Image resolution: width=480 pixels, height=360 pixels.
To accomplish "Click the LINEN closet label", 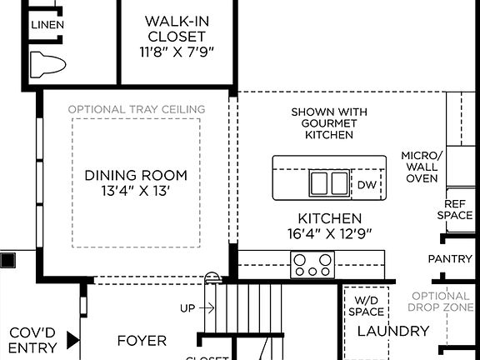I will coord(47,25).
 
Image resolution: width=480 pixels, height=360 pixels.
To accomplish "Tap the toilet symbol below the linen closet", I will coord(47,62).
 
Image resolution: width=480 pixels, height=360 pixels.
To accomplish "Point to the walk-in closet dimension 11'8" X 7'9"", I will coord(176,52).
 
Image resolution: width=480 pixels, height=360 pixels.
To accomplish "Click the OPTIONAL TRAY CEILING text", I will coord(136,109).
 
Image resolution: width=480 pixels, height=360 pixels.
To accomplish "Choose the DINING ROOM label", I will coord(136,176).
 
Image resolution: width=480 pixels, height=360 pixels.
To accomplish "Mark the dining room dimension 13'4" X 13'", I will coord(136,191).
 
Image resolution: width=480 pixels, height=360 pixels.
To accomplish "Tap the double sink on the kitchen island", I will coord(328,182).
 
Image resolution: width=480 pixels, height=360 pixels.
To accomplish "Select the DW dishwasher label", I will coord(367,185).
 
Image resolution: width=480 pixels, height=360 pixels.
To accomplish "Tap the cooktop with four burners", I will coord(312,265).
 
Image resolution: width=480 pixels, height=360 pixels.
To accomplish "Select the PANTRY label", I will coord(449,259).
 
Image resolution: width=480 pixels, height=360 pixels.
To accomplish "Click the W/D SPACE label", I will coord(367,306).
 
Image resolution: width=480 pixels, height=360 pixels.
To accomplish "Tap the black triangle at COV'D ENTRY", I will coord(72,341).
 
